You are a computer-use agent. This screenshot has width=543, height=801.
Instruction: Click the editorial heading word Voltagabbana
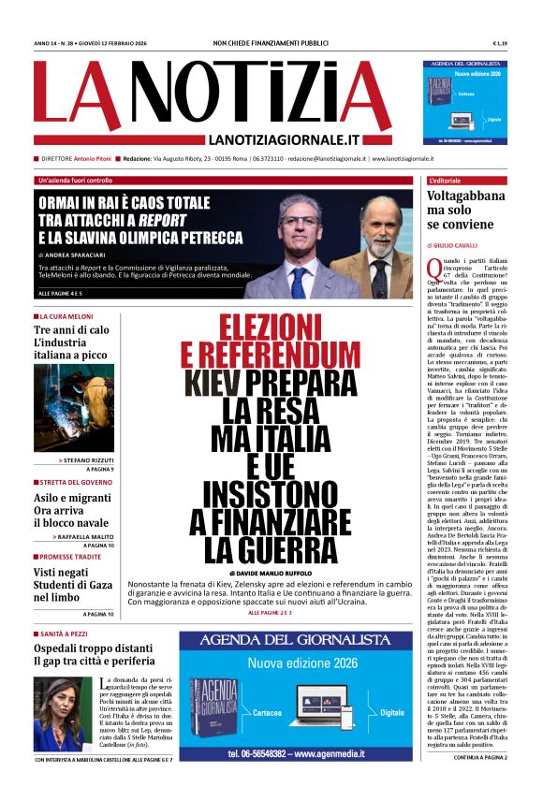pos(467,197)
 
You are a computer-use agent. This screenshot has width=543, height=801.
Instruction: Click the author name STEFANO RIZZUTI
pos(89,460)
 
